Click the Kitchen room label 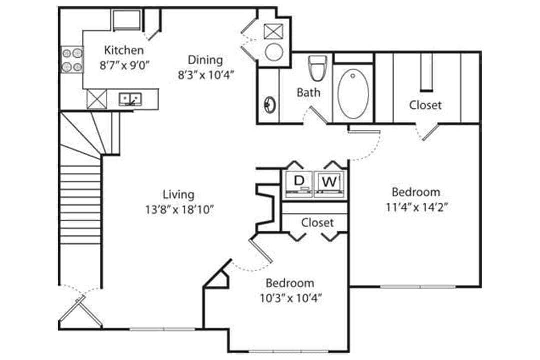pos(124,50)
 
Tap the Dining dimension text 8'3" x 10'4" pos(206,74)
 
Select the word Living pos(178,194)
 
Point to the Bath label pos(308,92)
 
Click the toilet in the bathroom pos(317,68)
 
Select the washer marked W pos(328,182)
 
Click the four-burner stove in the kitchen pos(72,60)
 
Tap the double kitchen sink pos(131,99)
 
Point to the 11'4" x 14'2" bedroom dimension pos(416,207)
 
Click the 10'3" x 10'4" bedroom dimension pos(290,298)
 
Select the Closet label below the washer pos(317,222)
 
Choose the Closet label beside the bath pos(425,105)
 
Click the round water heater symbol pos(274,52)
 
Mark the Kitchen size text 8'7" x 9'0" pos(124,65)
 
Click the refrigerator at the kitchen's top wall pos(126,20)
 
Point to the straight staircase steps pos(80,205)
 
